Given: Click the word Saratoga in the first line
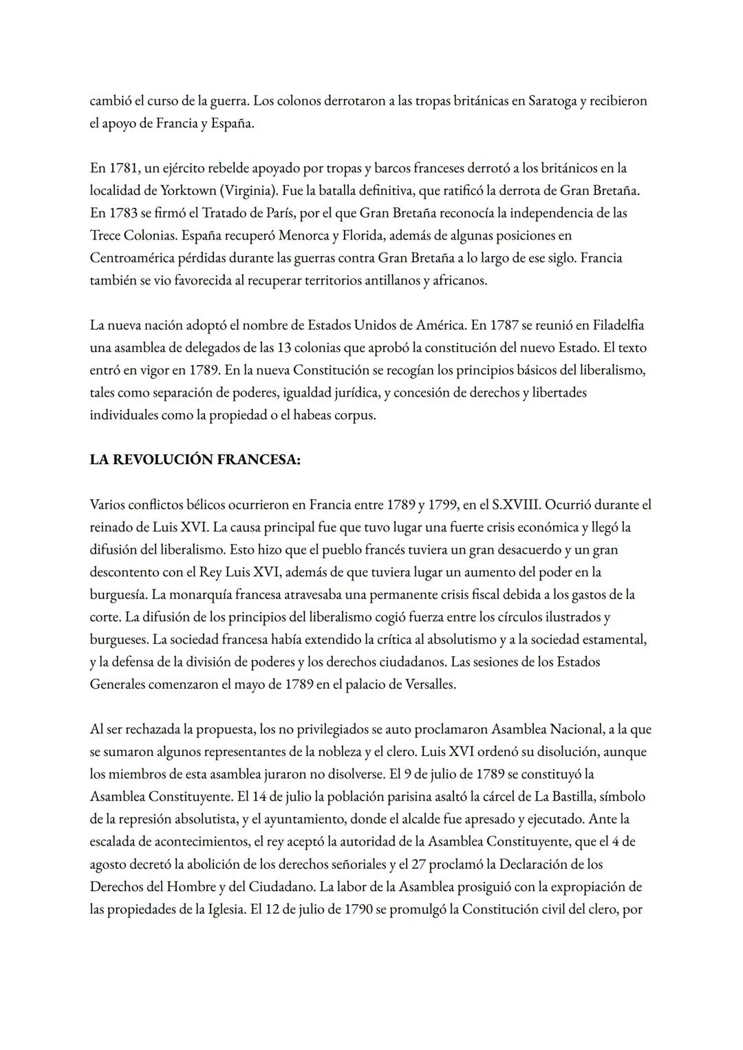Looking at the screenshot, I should pos(552,101).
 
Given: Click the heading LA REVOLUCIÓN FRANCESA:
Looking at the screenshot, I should pos(195,460).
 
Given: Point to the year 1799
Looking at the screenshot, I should pos(440,505).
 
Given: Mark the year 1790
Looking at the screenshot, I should pos(358,910).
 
